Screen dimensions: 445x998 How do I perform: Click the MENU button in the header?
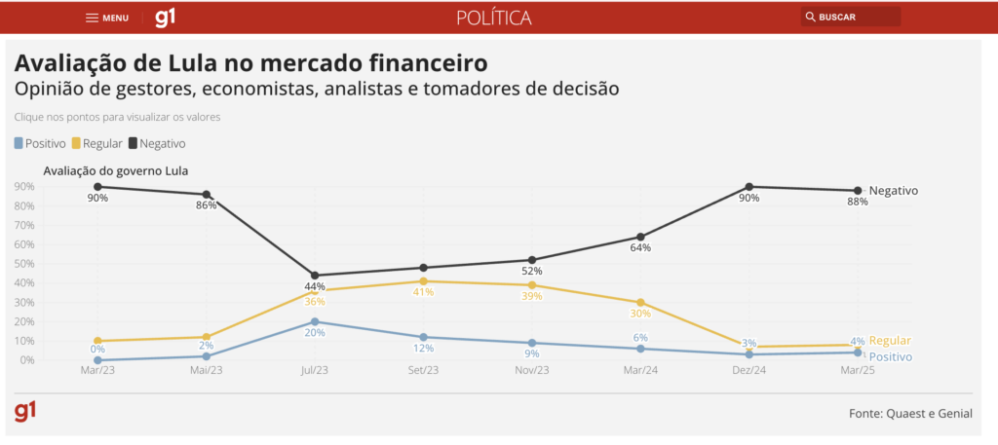click(x=107, y=18)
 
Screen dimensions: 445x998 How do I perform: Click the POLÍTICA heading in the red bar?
click(x=494, y=18)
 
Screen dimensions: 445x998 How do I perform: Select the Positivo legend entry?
click(x=40, y=143)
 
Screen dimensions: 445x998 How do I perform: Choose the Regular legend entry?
click(x=96, y=143)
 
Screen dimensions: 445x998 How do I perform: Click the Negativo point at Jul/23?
click(x=315, y=276)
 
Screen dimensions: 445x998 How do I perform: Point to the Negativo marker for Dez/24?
click(x=749, y=187)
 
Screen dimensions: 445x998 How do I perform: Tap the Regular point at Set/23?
click(x=423, y=281)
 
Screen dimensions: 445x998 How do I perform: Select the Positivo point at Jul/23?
click(x=315, y=321)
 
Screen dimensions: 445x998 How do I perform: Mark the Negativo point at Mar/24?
click(x=640, y=237)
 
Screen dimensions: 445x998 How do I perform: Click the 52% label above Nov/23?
click(x=531, y=271)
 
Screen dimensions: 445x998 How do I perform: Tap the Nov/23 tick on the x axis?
click(x=531, y=371)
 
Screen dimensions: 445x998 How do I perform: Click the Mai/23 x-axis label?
click(x=206, y=371)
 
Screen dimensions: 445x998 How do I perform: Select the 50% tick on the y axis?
click(x=24, y=264)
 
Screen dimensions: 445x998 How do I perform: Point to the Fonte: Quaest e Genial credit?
click(x=910, y=414)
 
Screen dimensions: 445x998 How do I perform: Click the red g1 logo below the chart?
click(x=25, y=411)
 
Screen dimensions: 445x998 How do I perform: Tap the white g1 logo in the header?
click(x=166, y=18)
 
